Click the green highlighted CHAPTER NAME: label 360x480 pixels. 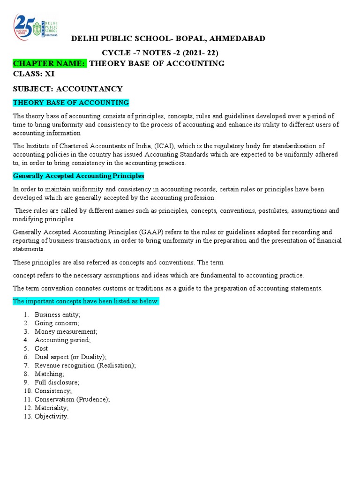(x=50, y=63)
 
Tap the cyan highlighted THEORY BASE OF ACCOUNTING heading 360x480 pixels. (x=71, y=103)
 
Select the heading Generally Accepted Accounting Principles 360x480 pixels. (x=79, y=176)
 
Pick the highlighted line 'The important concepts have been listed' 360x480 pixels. (x=86, y=301)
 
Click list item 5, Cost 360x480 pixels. (x=41, y=349)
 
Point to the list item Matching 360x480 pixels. (x=49, y=374)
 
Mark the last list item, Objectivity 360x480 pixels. (x=52, y=416)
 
